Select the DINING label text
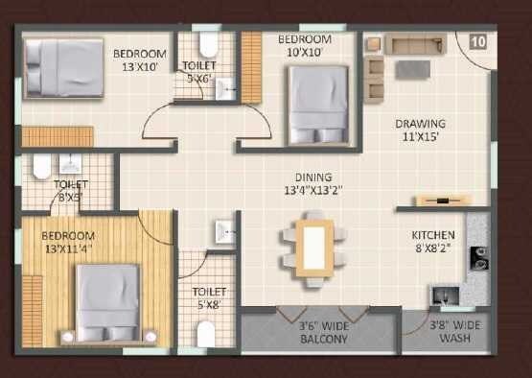(x=313, y=177)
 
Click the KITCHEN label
(x=432, y=235)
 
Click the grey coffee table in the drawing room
(x=414, y=69)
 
